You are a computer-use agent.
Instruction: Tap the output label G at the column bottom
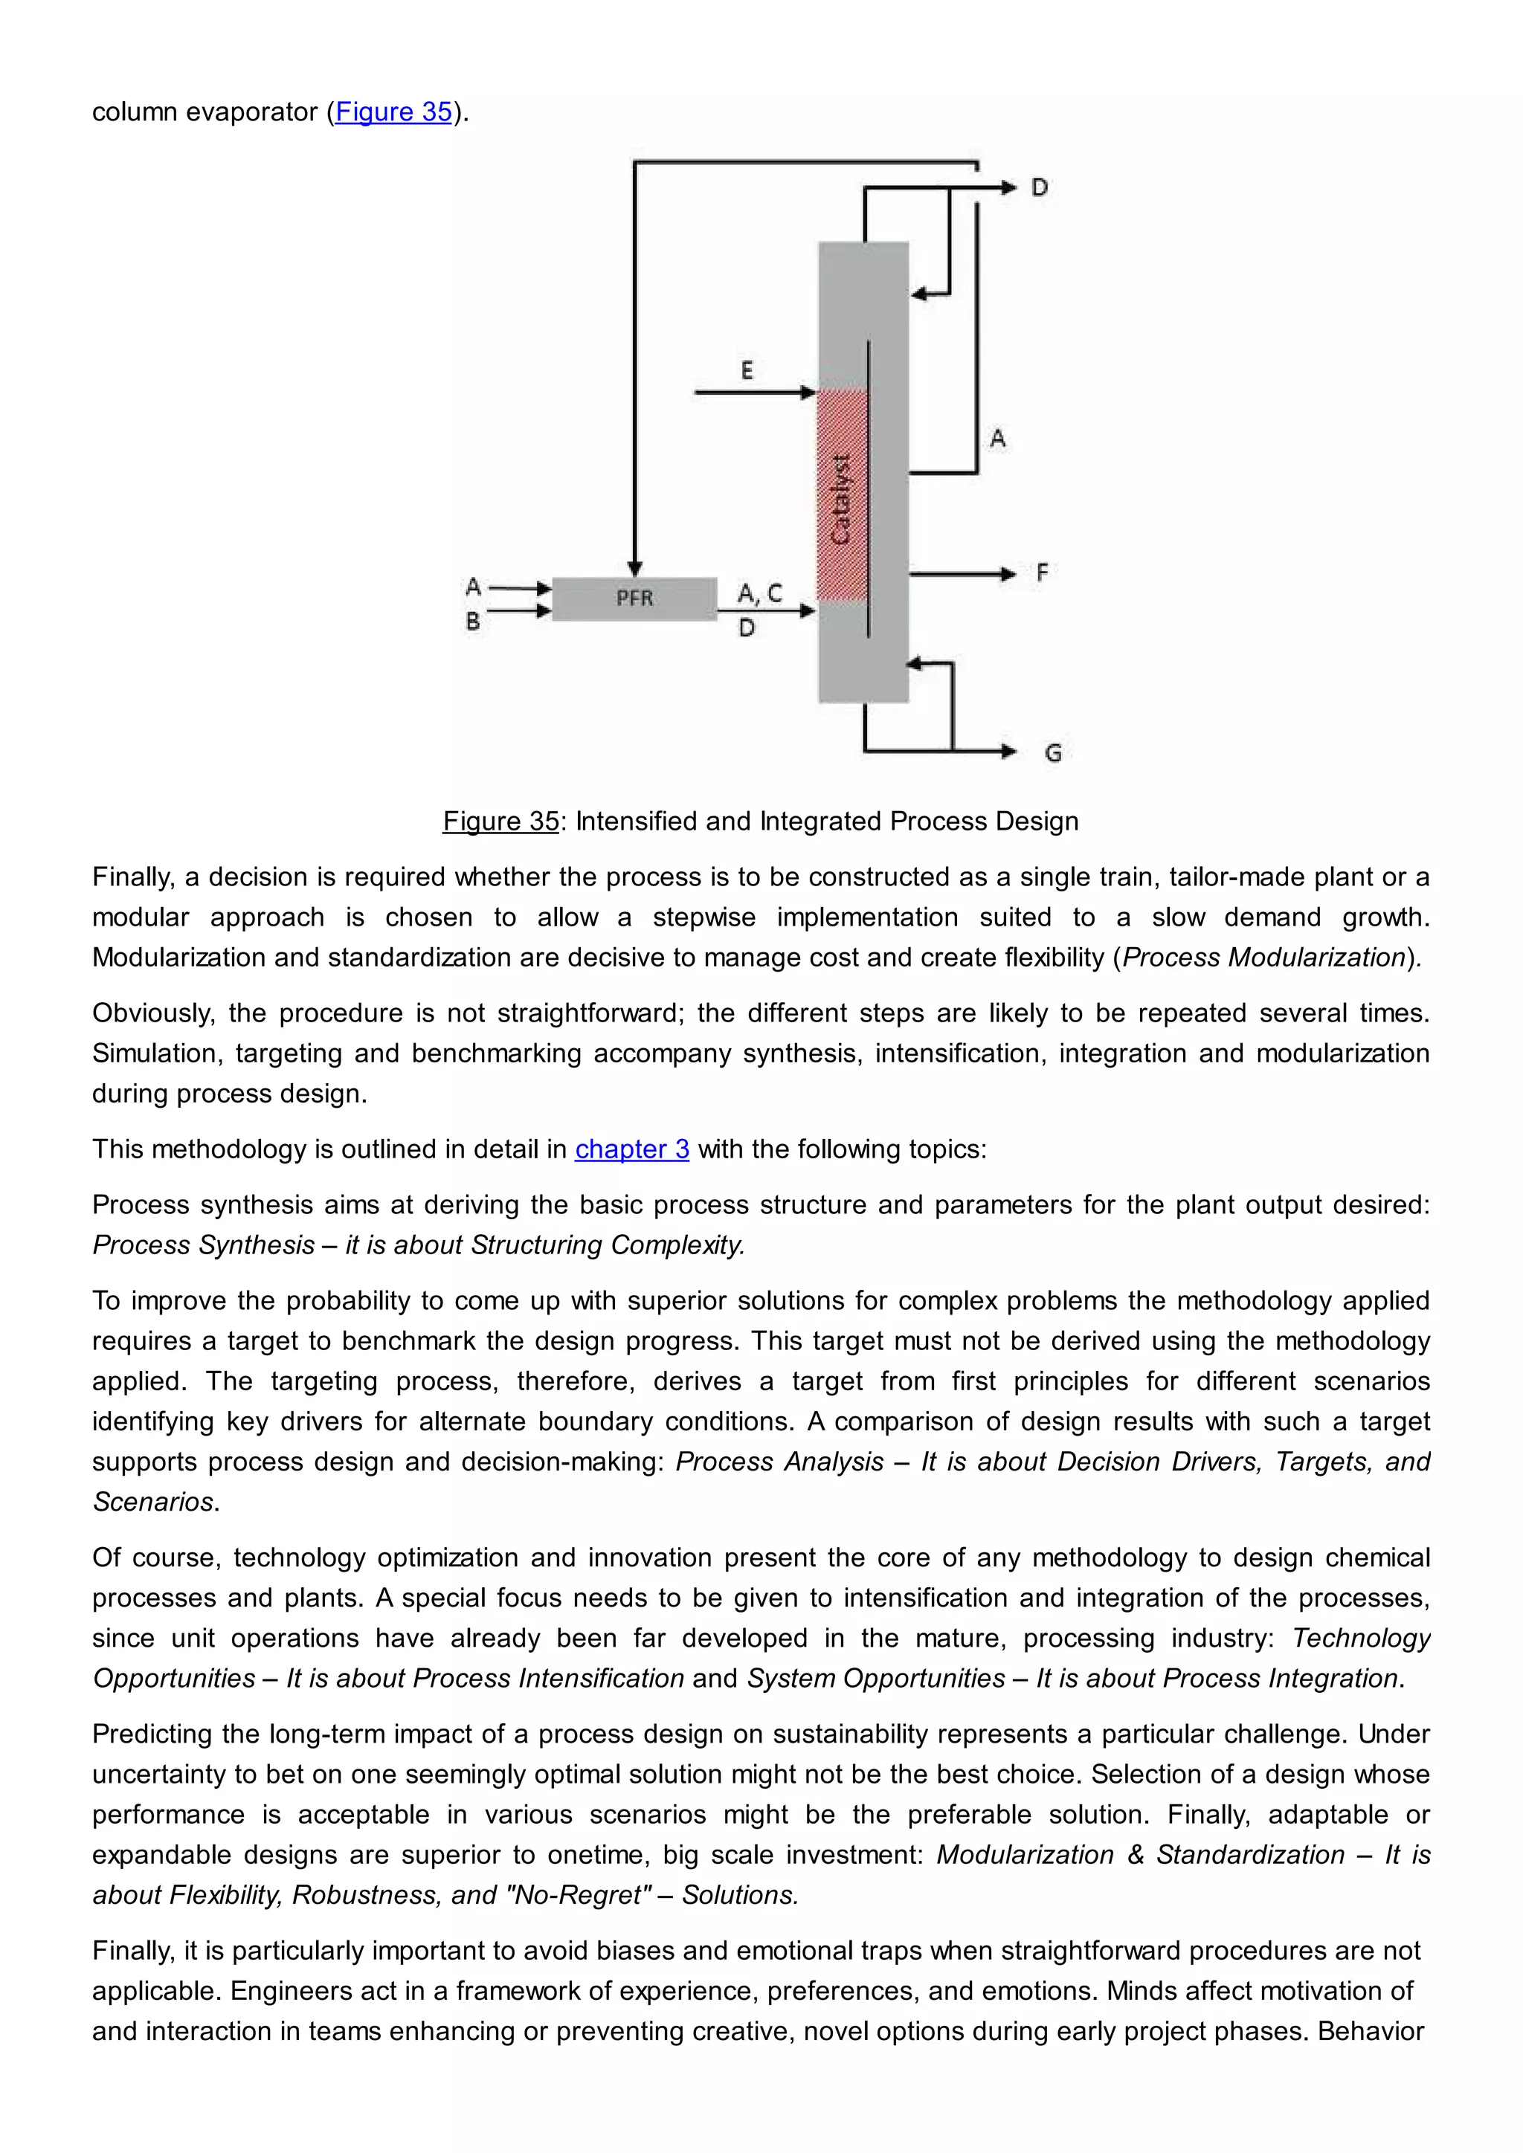pos(1052,753)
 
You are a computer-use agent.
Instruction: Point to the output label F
pos(1041,573)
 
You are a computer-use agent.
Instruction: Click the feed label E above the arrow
pos(747,370)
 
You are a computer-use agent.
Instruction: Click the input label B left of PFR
pos(473,621)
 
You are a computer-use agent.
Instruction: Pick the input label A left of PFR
pos(473,587)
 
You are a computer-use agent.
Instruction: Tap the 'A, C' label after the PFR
pos(759,593)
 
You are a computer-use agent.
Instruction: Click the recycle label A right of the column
pos(998,438)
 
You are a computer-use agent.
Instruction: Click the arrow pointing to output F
pos(962,573)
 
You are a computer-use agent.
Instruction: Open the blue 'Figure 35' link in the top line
pos(394,112)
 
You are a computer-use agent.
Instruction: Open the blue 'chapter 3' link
pos(632,1149)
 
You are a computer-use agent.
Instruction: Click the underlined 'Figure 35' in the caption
pos(500,821)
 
